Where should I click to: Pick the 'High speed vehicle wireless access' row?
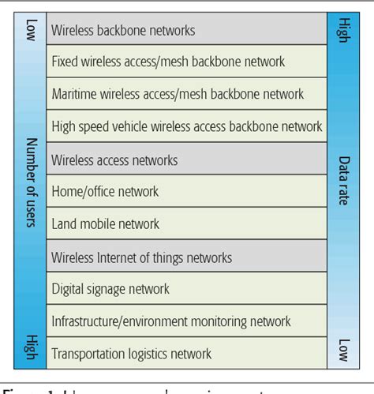pyautogui.click(x=186, y=126)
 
